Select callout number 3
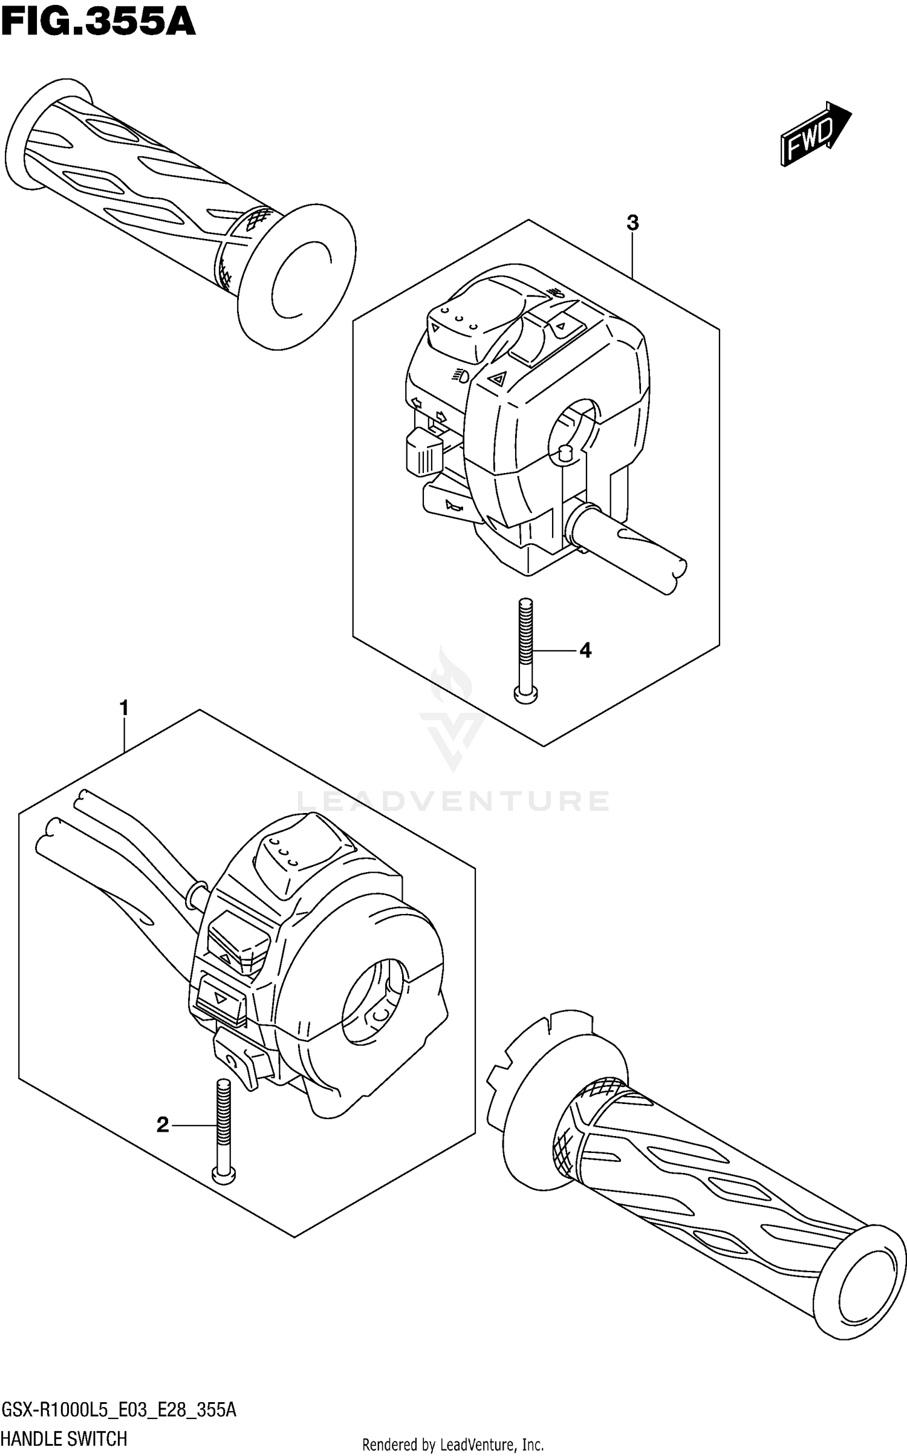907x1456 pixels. (x=632, y=223)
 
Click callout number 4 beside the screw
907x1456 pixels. (x=585, y=651)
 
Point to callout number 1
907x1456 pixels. (x=124, y=708)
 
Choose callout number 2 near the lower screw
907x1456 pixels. (x=163, y=1125)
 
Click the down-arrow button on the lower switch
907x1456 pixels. (x=221, y=1001)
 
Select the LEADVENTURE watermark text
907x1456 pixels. (x=453, y=801)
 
